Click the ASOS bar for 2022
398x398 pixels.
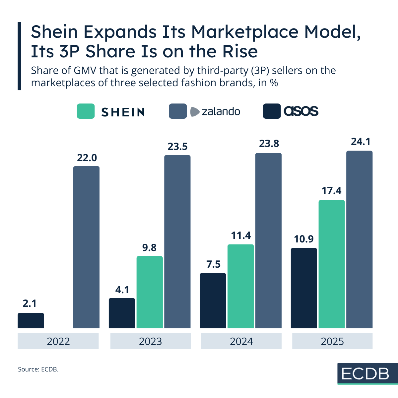[31, 320]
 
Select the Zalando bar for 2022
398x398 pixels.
[86, 247]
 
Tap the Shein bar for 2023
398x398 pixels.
[150, 292]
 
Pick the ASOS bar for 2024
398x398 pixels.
[213, 300]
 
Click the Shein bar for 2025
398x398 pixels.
[332, 264]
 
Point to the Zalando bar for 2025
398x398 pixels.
[360, 239]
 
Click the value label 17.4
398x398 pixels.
[332, 191]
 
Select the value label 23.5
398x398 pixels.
[177, 146]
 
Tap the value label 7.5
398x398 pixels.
[213, 264]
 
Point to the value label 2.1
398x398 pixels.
[30, 303]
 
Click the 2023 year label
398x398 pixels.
[150, 341]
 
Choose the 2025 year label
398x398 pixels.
[332, 341]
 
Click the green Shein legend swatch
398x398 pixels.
[86, 111]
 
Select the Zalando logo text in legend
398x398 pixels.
[221, 111]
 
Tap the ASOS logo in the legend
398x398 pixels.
[301, 111]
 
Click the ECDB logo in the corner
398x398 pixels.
[365, 374]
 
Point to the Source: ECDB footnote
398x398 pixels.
[38, 369]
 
